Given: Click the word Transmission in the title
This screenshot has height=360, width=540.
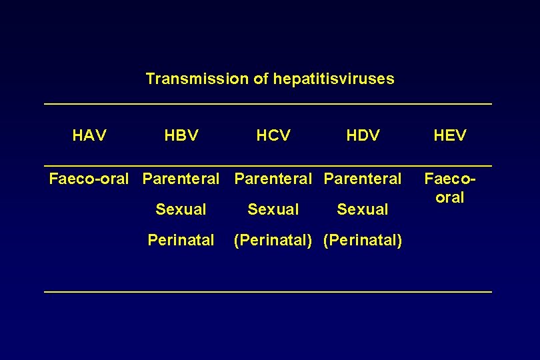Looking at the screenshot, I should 197,79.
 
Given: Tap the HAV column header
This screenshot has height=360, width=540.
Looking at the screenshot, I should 89,136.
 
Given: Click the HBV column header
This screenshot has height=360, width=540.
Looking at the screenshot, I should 181,136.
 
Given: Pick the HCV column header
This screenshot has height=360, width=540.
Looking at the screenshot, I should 273,136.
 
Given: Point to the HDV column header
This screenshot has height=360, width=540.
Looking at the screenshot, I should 363,136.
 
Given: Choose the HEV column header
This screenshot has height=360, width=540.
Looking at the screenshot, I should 450,136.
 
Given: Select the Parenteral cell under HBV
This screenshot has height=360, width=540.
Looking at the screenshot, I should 181,179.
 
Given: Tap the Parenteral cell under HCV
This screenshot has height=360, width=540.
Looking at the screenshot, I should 273,179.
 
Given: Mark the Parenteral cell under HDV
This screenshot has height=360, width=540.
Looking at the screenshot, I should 363,179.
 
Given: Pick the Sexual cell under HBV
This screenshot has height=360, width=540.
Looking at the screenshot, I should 181,209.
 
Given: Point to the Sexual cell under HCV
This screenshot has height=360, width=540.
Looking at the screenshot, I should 273,209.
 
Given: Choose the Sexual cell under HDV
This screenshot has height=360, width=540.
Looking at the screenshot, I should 363,209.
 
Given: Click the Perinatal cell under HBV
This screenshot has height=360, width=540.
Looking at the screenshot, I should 181,240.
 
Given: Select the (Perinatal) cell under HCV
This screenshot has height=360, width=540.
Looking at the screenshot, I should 273,240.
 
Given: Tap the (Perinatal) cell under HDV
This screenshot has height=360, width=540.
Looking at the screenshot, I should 363,240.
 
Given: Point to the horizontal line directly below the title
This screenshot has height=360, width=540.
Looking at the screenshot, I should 267,103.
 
